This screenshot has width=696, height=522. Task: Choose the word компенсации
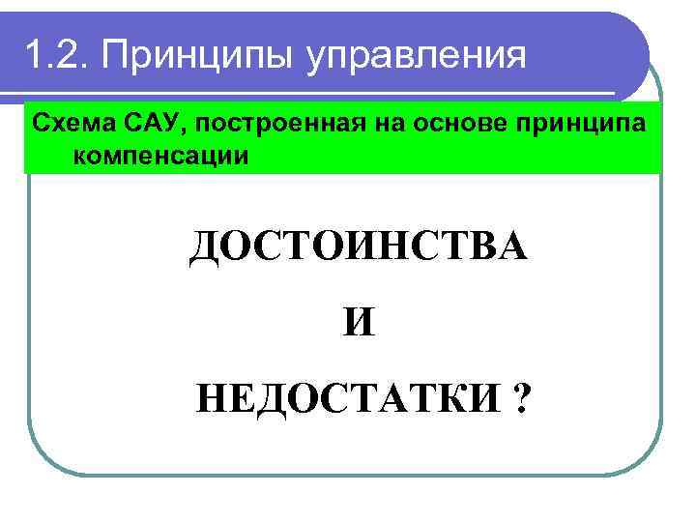pos(159,155)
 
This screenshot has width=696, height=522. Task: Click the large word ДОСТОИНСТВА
pos(359,248)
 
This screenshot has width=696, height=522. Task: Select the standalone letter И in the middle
pos(359,321)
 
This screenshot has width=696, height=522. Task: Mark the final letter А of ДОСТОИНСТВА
pos(513,248)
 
